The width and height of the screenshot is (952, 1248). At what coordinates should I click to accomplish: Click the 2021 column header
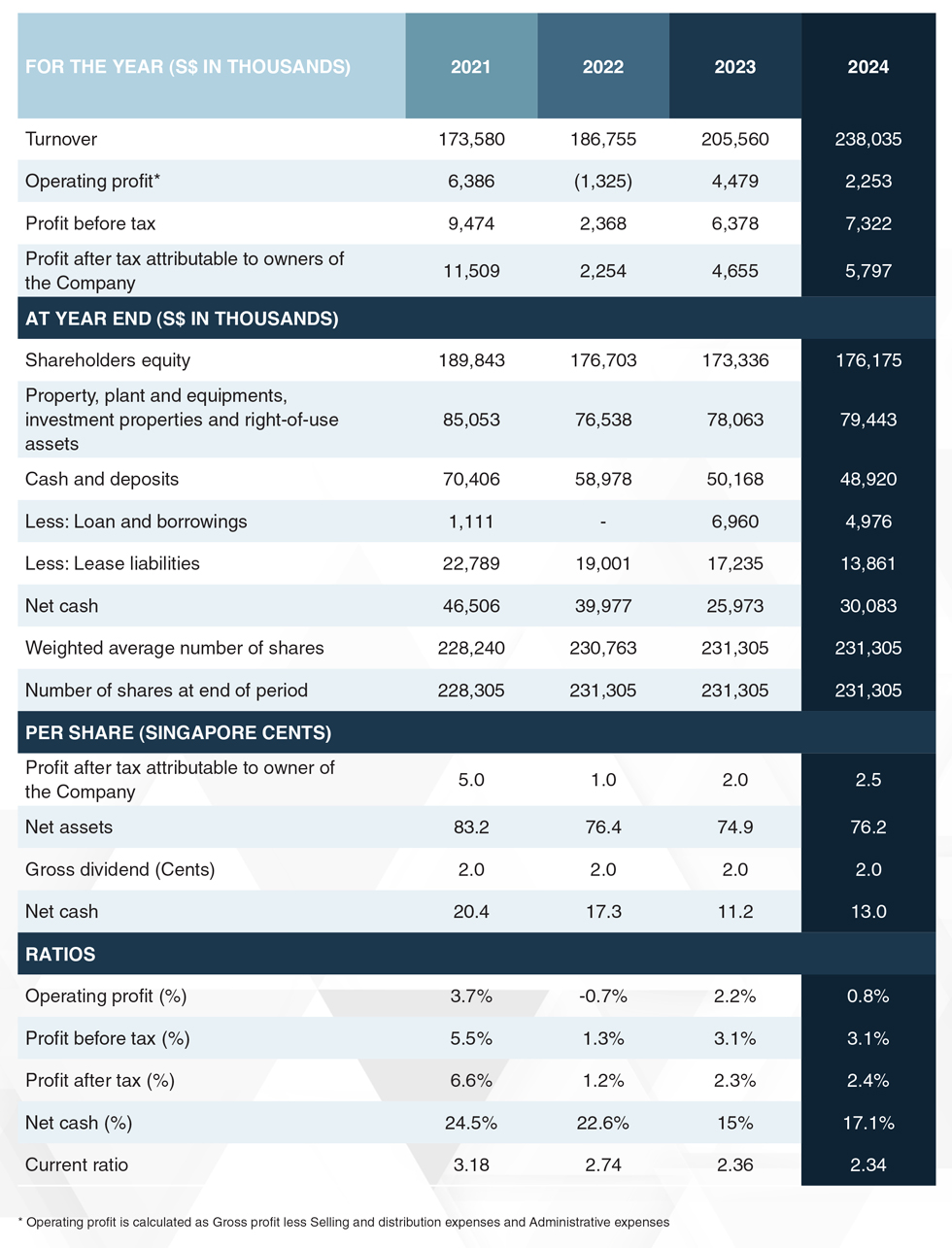click(x=470, y=67)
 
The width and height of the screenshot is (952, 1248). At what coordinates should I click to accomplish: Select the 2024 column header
click(x=867, y=67)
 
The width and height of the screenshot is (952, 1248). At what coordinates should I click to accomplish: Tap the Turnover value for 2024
click(x=867, y=139)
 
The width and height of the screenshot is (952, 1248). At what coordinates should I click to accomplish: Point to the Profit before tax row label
click(x=90, y=223)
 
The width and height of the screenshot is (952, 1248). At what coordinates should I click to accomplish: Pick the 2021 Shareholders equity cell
click(x=471, y=360)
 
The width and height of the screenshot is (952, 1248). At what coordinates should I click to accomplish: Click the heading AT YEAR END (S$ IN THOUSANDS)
click(x=182, y=319)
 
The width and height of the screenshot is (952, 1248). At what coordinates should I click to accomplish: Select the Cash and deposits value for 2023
click(x=734, y=480)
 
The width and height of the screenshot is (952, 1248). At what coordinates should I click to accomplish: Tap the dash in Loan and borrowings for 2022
click(x=603, y=522)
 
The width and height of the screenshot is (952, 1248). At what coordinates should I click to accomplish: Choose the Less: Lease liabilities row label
click(x=113, y=563)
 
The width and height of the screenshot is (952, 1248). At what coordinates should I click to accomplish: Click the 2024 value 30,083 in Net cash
click(x=867, y=606)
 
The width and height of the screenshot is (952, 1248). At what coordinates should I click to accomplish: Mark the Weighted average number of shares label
click(x=175, y=648)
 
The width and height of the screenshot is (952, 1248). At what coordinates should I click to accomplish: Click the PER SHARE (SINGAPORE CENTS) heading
click(x=179, y=732)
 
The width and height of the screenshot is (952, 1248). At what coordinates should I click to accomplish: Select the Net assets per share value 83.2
click(x=471, y=827)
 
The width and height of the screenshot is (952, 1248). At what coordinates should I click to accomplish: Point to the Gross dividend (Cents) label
click(x=120, y=869)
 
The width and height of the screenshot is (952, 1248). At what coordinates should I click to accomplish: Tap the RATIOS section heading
click(x=60, y=954)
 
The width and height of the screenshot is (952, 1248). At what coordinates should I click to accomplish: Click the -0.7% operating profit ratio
click(x=603, y=996)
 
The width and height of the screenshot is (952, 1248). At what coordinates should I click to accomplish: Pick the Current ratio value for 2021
click(x=471, y=1165)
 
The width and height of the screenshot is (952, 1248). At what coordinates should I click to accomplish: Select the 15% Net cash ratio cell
click(x=734, y=1123)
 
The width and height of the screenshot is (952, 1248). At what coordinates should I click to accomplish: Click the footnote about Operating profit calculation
click(x=344, y=1222)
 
